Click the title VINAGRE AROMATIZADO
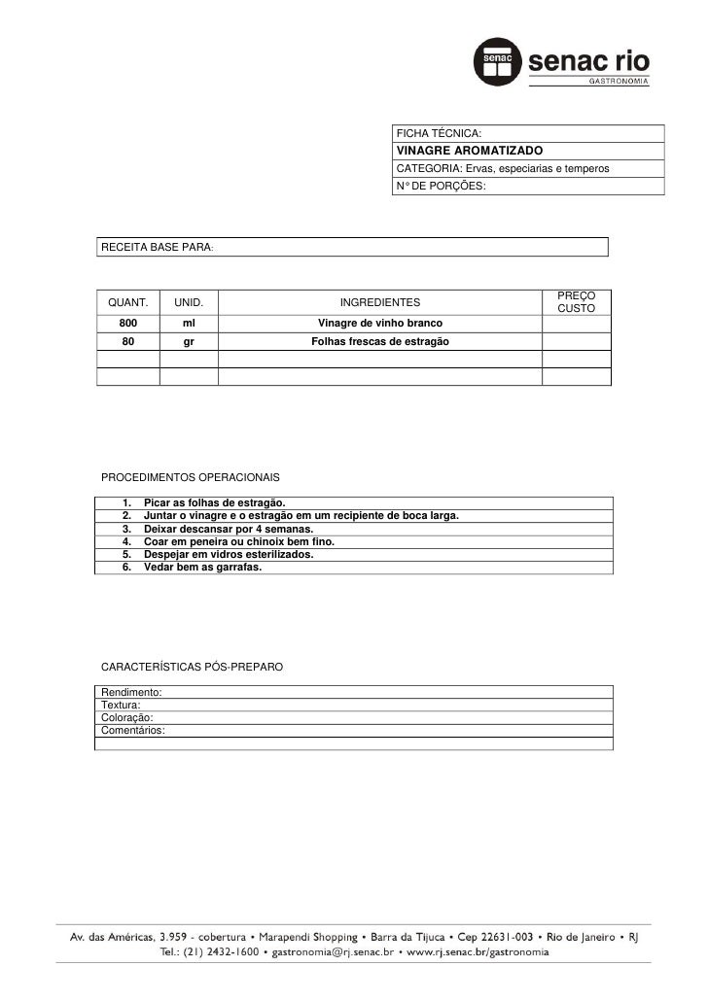[469, 151]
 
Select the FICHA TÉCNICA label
[438, 133]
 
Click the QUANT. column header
[127, 303]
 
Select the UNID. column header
[189, 303]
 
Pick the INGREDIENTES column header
[379, 303]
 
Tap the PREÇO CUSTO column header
[576, 301]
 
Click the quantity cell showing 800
[128, 323]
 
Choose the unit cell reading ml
[189, 323]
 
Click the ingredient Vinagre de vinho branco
[379, 323]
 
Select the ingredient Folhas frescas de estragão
[379, 341]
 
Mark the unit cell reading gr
[189, 341]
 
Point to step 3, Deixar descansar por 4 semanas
[228, 529]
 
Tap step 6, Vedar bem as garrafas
[202, 567]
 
